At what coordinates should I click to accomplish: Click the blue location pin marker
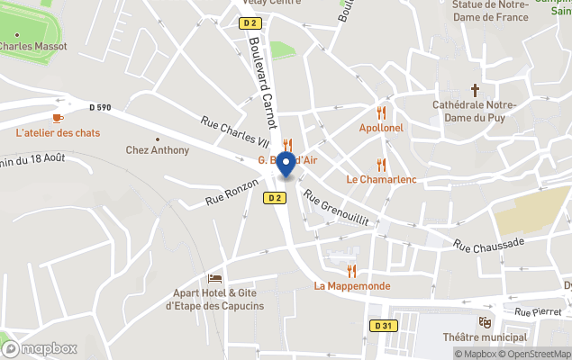point(286,165)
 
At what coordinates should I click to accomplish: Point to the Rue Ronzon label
point(225,189)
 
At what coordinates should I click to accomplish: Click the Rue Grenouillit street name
point(337,208)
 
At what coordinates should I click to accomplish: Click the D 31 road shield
point(383,326)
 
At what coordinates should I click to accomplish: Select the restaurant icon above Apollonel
point(381,113)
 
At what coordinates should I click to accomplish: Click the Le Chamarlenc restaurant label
point(381,179)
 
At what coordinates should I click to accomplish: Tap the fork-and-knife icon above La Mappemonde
point(351,271)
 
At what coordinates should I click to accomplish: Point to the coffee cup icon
point(58,118)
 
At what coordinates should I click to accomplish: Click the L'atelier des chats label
point(58,133)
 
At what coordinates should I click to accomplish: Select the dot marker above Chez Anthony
point(158,139)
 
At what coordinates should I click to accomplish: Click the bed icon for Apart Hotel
point(214,277)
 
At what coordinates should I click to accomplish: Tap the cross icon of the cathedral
point(475,90)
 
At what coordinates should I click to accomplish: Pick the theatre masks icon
point(486,321)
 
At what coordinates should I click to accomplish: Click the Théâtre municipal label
point(491,337)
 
